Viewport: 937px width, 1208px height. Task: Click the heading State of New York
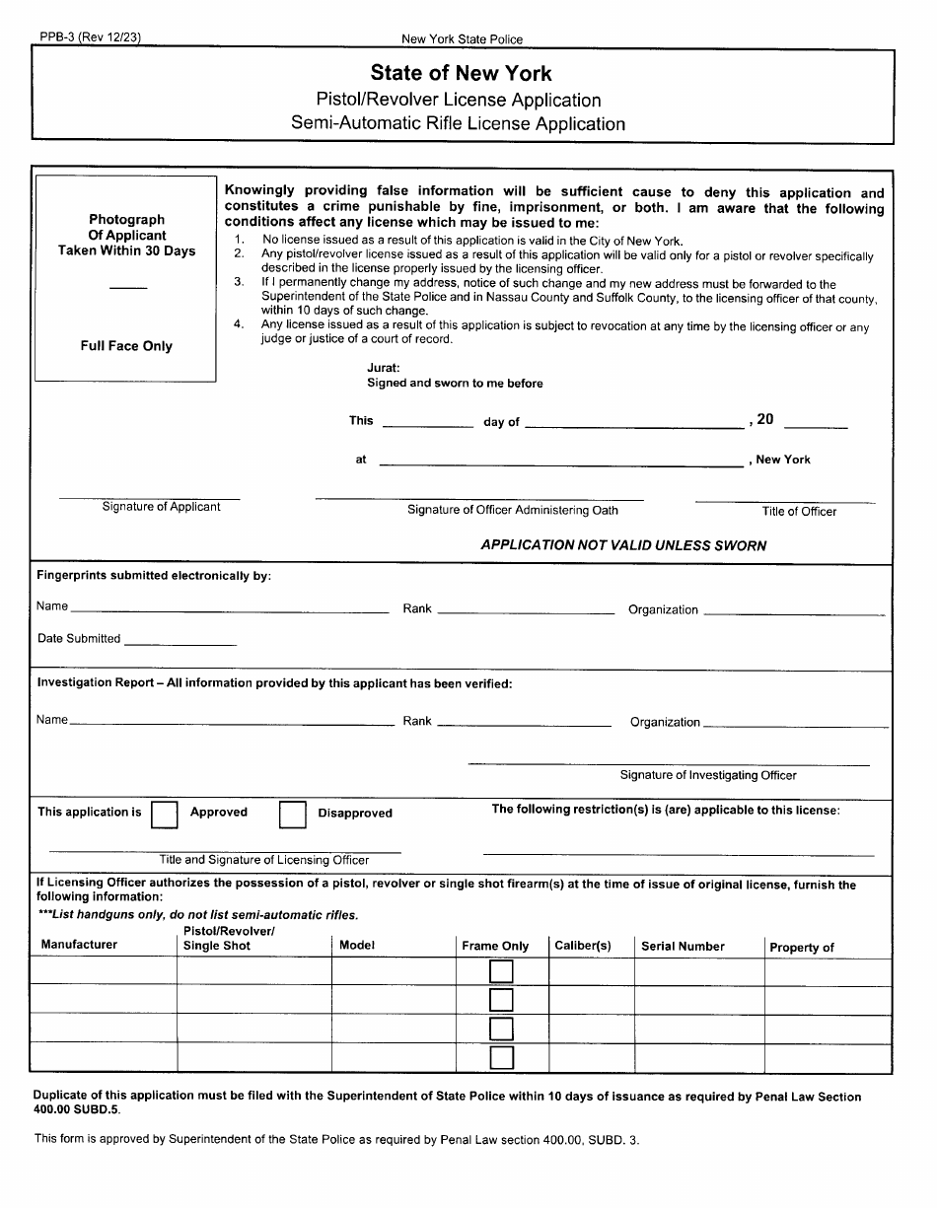coord(461,73)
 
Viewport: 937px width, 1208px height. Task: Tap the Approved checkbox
coord(165,814)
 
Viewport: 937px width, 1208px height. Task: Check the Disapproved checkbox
coord(292,814)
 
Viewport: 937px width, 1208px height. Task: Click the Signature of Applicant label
coord(162,507)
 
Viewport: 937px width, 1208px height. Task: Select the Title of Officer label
coord(799,512)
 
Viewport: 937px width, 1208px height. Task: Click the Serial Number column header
coord(683,947)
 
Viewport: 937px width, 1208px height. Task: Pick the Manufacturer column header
coord(79,945)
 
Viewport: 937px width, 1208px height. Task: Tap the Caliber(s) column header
coord(583,947)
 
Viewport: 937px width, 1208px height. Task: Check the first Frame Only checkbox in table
coord(502,972)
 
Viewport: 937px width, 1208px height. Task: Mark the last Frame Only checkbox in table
coord(502,1058)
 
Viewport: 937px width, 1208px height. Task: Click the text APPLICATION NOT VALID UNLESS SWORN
coord(623,545)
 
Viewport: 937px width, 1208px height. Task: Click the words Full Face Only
coord(126,346)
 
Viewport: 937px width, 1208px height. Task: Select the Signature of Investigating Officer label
coord(707,775)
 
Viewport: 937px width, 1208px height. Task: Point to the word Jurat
coord(384,367)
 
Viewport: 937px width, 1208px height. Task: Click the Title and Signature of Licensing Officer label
coord(264,860)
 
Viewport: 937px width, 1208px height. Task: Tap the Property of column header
coord(801,948)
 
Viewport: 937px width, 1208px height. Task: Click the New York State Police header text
coord(462,39)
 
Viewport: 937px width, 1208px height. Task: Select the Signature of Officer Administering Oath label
coord(513,511)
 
